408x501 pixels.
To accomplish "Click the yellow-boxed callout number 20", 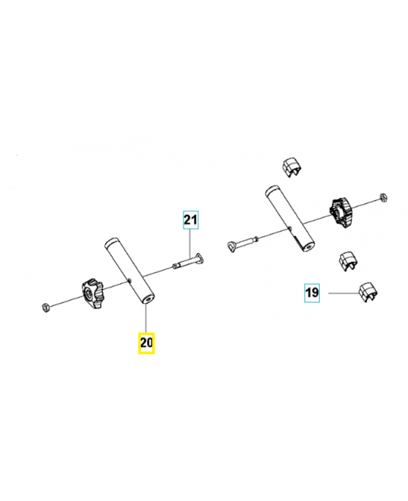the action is click(x=146, y=343).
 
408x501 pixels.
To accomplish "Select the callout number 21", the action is click(x=191, y=220).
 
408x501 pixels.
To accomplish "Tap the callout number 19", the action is click(x=312, y=292).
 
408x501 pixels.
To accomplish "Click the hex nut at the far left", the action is click(x=46, y=307).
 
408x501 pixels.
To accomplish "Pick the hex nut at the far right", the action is click(x=383, y=197).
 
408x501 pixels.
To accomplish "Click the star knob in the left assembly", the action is click(x=93, y=293).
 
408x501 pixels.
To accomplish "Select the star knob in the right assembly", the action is click(x=341, y=214).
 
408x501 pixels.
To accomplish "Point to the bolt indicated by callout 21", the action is click(x=189, y=261).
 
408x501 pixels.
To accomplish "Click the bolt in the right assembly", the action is click(x=243, y=244).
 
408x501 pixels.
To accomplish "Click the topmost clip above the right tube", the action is click(x=292, y=167).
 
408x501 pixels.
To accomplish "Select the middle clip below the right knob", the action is click(x=348, y=261).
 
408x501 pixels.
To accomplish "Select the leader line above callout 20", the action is click(x=146, y=319).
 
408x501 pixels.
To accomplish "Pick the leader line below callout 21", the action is click(x=190, y=244).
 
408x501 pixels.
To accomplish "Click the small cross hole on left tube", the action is click(x=130, y=281).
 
